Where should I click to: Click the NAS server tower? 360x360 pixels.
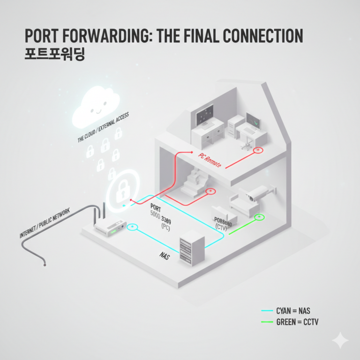point(192,248)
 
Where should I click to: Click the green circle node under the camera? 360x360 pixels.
point(258,217)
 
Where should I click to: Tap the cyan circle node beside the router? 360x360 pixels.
point(133,227)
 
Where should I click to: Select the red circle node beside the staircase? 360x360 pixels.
point(210,191)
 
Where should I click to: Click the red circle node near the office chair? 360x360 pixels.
point(258,150)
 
